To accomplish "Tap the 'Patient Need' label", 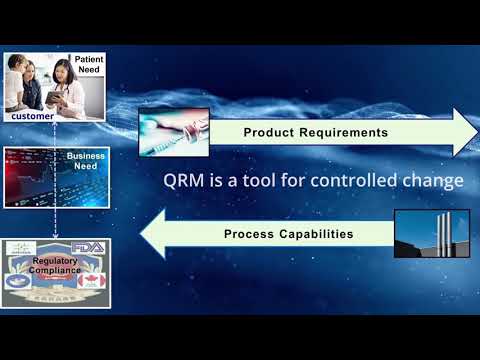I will (89, 65).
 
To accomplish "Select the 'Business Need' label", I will (85, 162).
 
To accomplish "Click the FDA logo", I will (91, 247).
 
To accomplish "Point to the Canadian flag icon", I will (90, 281).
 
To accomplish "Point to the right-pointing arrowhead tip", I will (475, 131).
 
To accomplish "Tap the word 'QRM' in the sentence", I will (185, 182).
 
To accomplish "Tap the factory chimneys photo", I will (433, 236).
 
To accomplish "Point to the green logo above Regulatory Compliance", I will (23, 247).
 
